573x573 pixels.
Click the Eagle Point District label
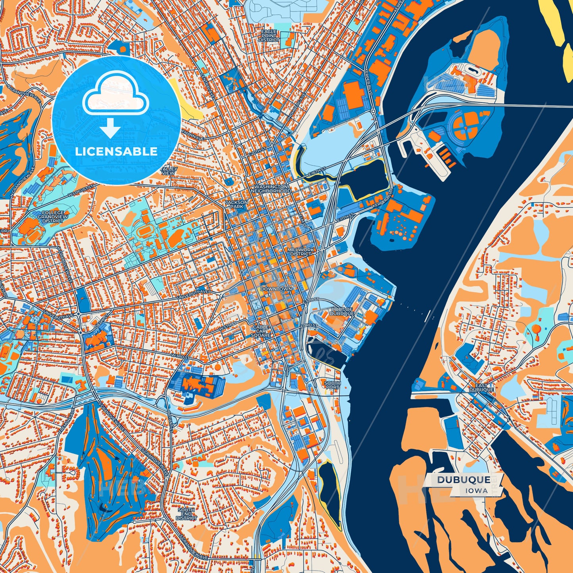269,36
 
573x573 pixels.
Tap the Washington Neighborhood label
273,188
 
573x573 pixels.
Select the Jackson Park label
236,204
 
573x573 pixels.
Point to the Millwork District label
301,252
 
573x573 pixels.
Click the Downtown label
276,289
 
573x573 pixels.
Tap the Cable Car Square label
261,331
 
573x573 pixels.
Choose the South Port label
332,385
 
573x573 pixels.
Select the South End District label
186,514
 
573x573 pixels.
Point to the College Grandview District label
53,217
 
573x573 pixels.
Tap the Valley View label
169,171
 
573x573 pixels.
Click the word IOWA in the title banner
477,491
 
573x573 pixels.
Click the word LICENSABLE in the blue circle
117,151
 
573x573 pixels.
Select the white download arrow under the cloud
110,128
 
